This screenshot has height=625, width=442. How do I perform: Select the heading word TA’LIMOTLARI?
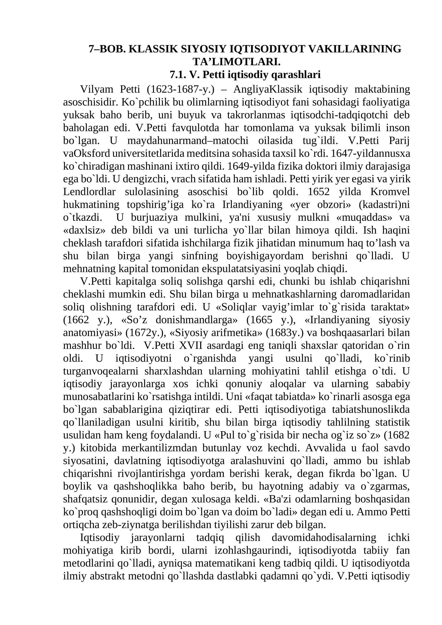pos(236,62)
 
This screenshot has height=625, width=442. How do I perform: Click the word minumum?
pos(312,243)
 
